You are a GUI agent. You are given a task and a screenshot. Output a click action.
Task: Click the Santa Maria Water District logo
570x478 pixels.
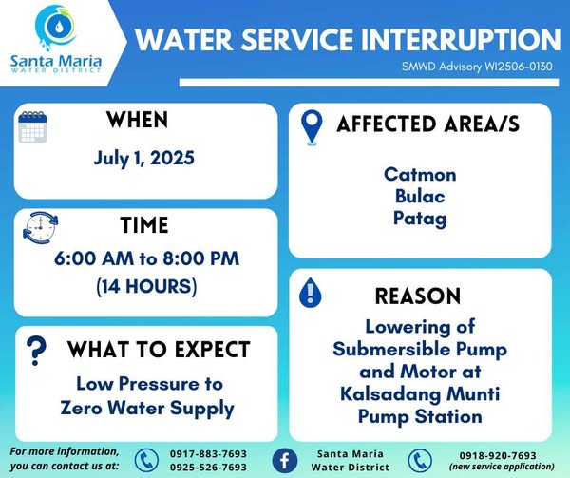pos(56,39)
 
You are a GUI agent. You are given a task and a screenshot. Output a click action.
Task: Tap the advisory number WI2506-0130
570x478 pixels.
pos(518,67)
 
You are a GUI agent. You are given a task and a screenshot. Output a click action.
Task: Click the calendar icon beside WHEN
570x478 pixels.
pos(32,126)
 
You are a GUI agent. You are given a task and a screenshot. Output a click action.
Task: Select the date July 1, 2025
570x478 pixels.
pos(144,159)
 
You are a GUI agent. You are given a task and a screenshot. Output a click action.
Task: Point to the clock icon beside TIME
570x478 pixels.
pos(40,227)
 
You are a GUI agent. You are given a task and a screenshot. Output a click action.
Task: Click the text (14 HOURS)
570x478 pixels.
pos(146,286)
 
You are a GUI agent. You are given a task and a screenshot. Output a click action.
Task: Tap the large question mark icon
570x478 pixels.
pos(36,351)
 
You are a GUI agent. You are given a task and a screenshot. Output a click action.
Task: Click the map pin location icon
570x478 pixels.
pos(312,127)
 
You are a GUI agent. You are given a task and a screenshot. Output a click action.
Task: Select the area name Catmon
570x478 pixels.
pos(420,175)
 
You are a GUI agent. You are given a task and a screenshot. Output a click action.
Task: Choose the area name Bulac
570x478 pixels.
pos(420,197)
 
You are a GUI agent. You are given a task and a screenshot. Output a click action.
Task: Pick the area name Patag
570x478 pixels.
pos(420,219)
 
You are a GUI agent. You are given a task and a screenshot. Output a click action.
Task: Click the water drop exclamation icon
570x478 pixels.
pos(310,293)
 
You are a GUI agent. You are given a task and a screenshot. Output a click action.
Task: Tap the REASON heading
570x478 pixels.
pos(418,296)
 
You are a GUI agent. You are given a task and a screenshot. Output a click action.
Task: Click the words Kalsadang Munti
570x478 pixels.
pos(420,394)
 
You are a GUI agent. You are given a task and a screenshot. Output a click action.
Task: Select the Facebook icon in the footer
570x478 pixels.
pos(285,461)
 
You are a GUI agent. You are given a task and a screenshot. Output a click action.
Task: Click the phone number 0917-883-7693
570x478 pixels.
pos(208,454)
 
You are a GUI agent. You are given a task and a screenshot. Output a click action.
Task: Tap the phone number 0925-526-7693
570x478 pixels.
pos(208,468)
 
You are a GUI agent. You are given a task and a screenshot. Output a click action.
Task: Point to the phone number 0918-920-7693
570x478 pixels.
pos(498,455)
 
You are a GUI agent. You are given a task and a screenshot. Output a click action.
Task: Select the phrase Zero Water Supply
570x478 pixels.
pos(147,409)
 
